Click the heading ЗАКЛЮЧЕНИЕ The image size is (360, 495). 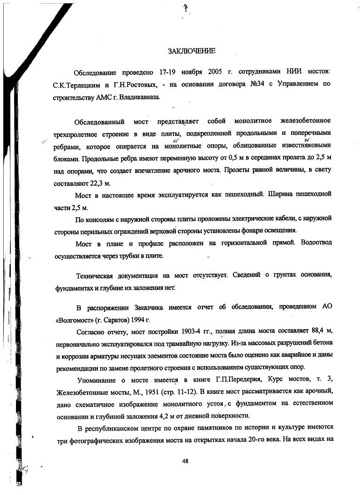point(191,50)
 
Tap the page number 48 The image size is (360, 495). point(185,461)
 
